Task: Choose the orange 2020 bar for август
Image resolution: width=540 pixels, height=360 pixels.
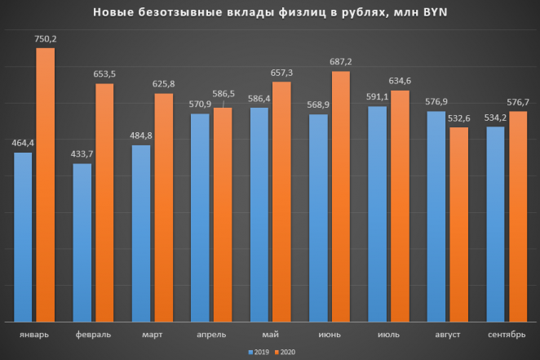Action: [459, 224]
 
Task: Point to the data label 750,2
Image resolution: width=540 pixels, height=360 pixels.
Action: [46, 38]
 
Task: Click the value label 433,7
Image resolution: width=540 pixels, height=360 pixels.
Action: [83, 154]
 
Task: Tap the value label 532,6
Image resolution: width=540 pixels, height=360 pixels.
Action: [460, 118]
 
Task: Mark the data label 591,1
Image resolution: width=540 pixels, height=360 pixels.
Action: [377, 96]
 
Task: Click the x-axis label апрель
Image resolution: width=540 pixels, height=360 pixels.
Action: [211, 335]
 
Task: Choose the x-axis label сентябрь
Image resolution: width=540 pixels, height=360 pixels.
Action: [506, 335]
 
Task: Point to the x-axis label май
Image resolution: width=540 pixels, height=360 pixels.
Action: [270, 335]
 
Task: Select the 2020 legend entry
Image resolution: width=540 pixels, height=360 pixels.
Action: [282, 352]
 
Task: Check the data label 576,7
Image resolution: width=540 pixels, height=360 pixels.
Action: [519, 100]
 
